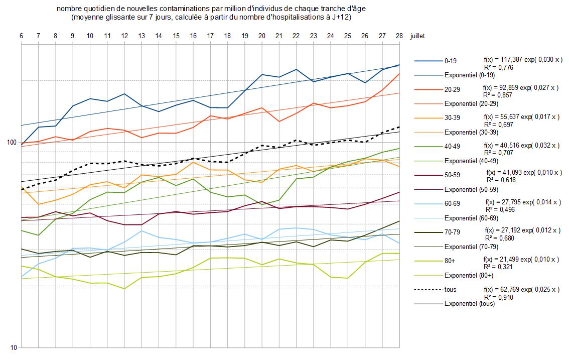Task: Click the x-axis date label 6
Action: pos(22,36)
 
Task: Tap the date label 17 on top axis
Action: pos(210,36)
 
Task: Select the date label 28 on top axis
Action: pos(399,36)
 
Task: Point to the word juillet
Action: pos(418,36)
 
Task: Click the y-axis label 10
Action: pos(14,347)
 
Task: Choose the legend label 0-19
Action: pos(451,61)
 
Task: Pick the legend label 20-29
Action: pos(452,89)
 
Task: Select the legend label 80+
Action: pos(450,261)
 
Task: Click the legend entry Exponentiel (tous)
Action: pos(470,304)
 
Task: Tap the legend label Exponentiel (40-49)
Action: pos(471,161)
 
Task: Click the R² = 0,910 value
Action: pos(498,297)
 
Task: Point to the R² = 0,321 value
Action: pos(498,267)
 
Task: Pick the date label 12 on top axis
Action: pos(124,36)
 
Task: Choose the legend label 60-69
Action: pos(452,204)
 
